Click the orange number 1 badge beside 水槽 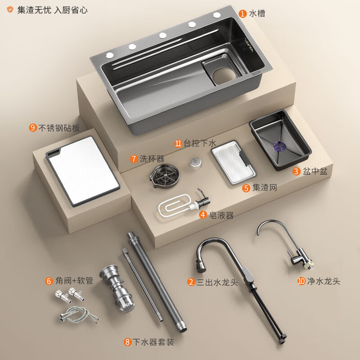[243, 13]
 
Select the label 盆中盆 [315, 171]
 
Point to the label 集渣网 [265, 188]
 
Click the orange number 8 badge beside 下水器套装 [128, 342]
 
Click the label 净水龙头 [323, 281]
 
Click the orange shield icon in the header [10, 9]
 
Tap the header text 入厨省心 [71, 10]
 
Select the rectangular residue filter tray [233, 162]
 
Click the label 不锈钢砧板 [59, 128]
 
